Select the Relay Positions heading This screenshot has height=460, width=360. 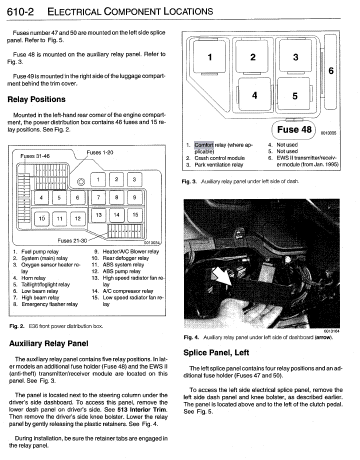(36, 99)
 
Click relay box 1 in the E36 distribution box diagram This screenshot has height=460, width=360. (98, 180)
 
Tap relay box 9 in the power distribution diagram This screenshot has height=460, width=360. (134, 198)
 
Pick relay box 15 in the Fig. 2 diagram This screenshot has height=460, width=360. (134, 215)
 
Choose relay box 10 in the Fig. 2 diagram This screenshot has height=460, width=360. (42, 219)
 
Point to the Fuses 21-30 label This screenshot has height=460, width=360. (71, 240)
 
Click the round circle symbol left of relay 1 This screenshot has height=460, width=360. (81, 180)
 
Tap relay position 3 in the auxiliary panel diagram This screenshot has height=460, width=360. (295, 57)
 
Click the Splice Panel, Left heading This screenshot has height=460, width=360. (216, 352)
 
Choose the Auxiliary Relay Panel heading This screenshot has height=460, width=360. (49, 343)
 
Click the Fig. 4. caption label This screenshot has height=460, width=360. (191, 337)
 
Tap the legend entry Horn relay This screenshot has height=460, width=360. (33, 278)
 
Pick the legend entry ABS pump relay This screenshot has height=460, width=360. (121, 271)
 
